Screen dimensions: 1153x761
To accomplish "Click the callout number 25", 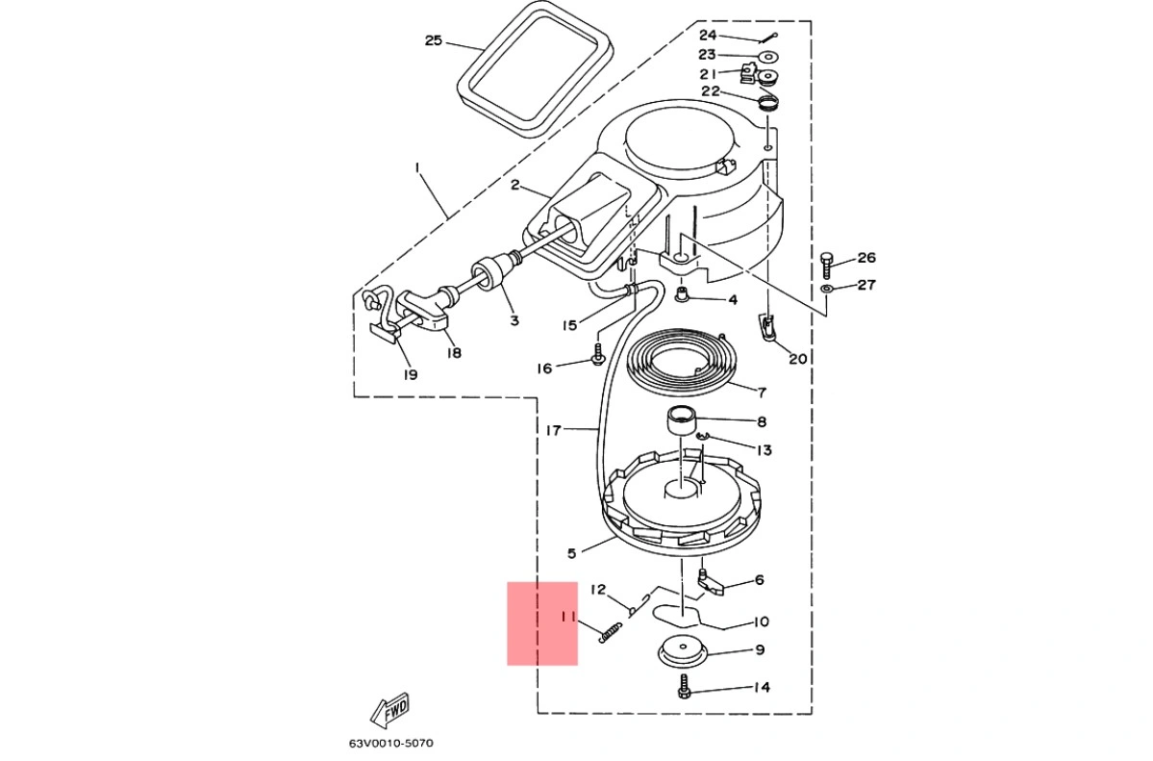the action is [x=434, y=40].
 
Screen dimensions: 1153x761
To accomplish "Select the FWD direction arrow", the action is [x=389, y=710].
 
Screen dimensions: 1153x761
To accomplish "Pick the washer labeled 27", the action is [x=826, y=289].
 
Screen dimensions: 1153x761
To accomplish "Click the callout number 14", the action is [x=762, y=688].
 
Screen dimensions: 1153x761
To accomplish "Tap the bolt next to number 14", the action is [x=685, y=687].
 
